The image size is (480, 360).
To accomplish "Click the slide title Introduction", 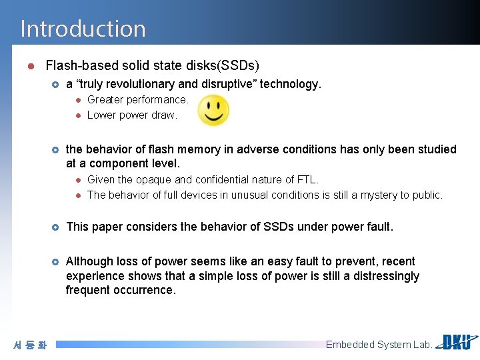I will [83, 29].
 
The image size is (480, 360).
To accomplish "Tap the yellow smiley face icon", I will [213, 110].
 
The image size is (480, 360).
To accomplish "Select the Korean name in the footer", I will [30, 345].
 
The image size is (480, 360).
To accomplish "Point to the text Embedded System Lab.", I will [379, 345].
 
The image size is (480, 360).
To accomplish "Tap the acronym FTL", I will [307, 179].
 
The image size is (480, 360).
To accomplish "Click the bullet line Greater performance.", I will [137, 99].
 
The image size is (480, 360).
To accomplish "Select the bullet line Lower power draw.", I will [132, 115].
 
